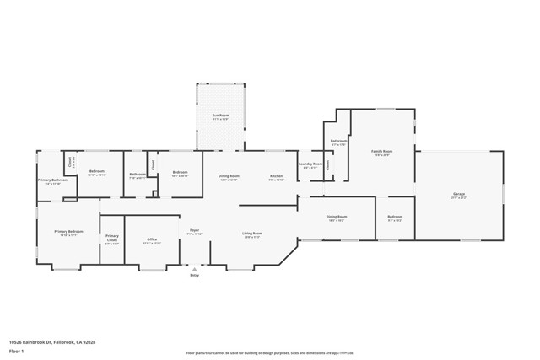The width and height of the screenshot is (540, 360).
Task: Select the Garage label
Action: tap(460, 195)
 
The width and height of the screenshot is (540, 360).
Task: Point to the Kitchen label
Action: tap(276, 176)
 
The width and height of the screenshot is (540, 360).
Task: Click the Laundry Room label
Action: tap(311, 165)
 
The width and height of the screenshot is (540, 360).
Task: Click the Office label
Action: tap(153, 239)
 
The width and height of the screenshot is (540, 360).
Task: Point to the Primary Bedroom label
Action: tap(68, 233)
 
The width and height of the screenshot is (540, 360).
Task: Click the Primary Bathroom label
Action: tap(52, 180)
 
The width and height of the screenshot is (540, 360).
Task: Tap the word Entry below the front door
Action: tap(194, 275)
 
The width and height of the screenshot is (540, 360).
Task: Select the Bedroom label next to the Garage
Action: tap(395, 218)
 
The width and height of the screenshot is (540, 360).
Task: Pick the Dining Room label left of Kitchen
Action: tap(229, 176)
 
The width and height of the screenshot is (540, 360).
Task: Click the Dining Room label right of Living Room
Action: tap(336, 218)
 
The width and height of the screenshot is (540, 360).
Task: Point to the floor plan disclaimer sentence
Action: tap(269, 354)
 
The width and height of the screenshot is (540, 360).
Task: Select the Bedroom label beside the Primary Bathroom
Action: tap(96, 172)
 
